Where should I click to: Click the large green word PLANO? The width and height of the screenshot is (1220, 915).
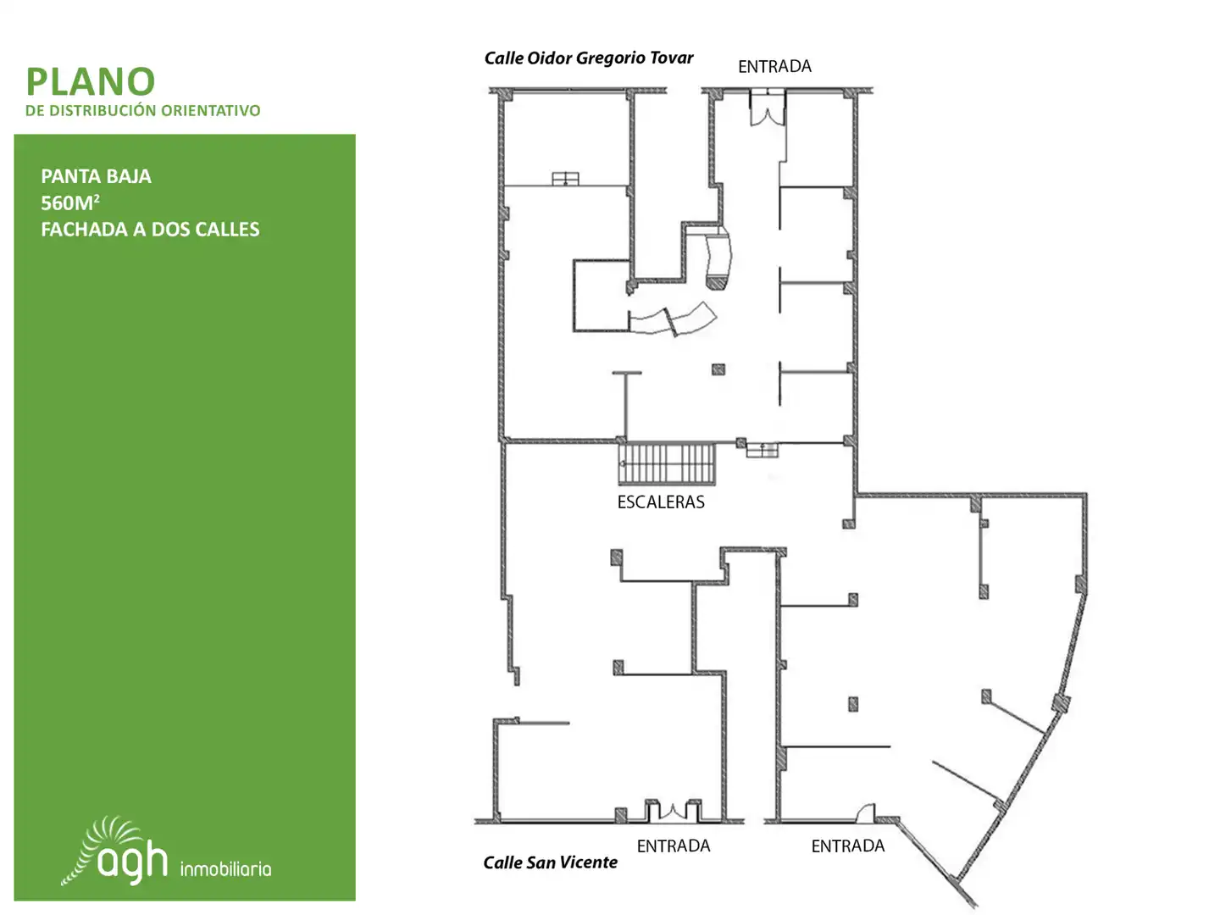coord(91,81)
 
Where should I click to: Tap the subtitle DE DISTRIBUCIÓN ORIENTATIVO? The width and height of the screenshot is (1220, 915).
coord(143,110)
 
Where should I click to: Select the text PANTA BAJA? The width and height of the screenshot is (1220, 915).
coord(96,177)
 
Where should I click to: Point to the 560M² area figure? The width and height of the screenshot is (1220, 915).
coord(70,202)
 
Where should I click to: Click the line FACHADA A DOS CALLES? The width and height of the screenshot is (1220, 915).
coord(150,230)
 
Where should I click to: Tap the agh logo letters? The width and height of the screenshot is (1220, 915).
coord(132,860)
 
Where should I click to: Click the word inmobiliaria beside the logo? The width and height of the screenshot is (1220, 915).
coord(225,869)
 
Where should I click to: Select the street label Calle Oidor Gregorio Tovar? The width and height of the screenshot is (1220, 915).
coord(589,58)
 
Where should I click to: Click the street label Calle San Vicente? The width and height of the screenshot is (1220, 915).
coord(550,862)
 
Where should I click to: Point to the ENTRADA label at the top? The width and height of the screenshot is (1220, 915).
coord(774,67)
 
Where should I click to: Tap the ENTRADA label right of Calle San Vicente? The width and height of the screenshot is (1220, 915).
coord(673,846)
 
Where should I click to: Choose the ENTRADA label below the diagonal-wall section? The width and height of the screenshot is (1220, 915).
coord(847,846)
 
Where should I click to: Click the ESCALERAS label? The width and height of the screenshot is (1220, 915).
coord(661,502)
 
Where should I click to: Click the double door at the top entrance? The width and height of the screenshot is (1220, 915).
coord(767,108)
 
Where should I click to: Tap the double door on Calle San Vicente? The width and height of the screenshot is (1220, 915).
coord(673,811)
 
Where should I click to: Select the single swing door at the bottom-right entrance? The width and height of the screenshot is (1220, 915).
coord(865,813)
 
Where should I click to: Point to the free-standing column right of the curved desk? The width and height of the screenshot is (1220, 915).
coord(718,369)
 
